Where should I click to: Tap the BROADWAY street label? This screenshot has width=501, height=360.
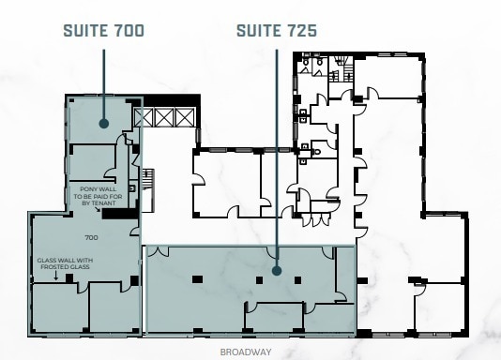click(245, 352)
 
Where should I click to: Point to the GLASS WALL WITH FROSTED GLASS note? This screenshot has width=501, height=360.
click(65, 263)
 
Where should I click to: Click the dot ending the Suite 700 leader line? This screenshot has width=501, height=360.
click(103, 122)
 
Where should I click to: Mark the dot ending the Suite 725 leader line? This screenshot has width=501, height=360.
click(277, 271)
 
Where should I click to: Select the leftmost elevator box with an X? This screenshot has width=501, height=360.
click(144, 117)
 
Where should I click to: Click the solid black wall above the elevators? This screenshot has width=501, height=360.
click(169, 101)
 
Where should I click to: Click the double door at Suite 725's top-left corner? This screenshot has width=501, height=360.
click(157, 251)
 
